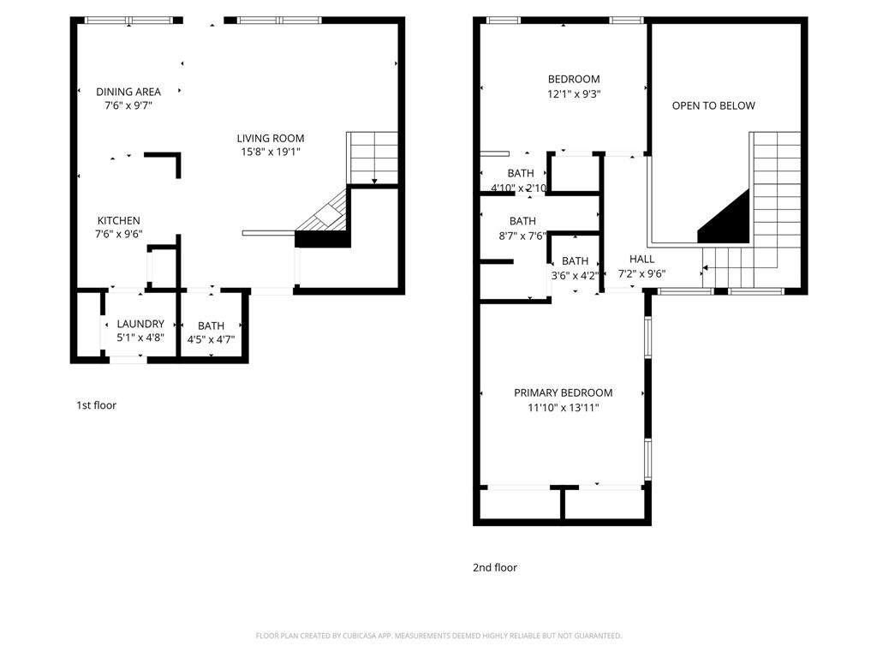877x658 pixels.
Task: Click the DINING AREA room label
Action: coord(128,92)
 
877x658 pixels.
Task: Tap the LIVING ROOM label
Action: coord(270,138)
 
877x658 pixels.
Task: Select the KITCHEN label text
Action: coord(118,220)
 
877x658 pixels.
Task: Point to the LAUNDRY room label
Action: coord(140,324)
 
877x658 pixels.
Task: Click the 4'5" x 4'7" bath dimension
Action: coord(211,339)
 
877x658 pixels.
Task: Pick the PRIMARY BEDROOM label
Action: coord(564,392)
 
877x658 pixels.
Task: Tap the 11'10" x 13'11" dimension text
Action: coord(564,407)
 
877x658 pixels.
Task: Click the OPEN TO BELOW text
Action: coord(713,105)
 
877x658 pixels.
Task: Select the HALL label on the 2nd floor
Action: coord(641,259)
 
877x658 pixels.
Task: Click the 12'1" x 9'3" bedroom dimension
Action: coord(574,94)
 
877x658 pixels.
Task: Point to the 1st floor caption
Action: coord(96,405)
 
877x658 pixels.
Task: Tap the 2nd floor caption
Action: coord(495,567)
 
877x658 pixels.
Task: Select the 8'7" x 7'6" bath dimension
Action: coord(522,236)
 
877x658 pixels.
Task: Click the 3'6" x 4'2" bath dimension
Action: coord(575,275)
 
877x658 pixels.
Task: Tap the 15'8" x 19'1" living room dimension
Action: coord(271,152)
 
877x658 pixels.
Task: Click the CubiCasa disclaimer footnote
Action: coord(438,636)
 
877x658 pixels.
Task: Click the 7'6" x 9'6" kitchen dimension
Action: coord(118,234)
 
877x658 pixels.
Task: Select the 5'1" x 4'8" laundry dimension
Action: coord(140,338)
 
